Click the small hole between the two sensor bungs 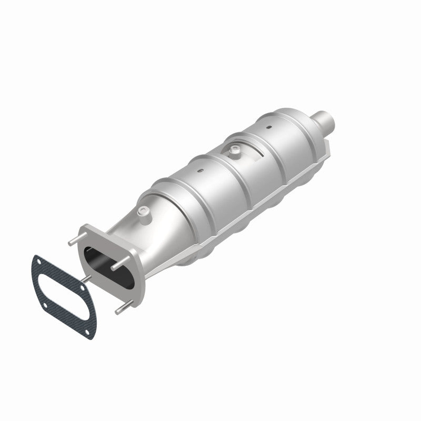(199, 170)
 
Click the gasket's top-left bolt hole (38, 262)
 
